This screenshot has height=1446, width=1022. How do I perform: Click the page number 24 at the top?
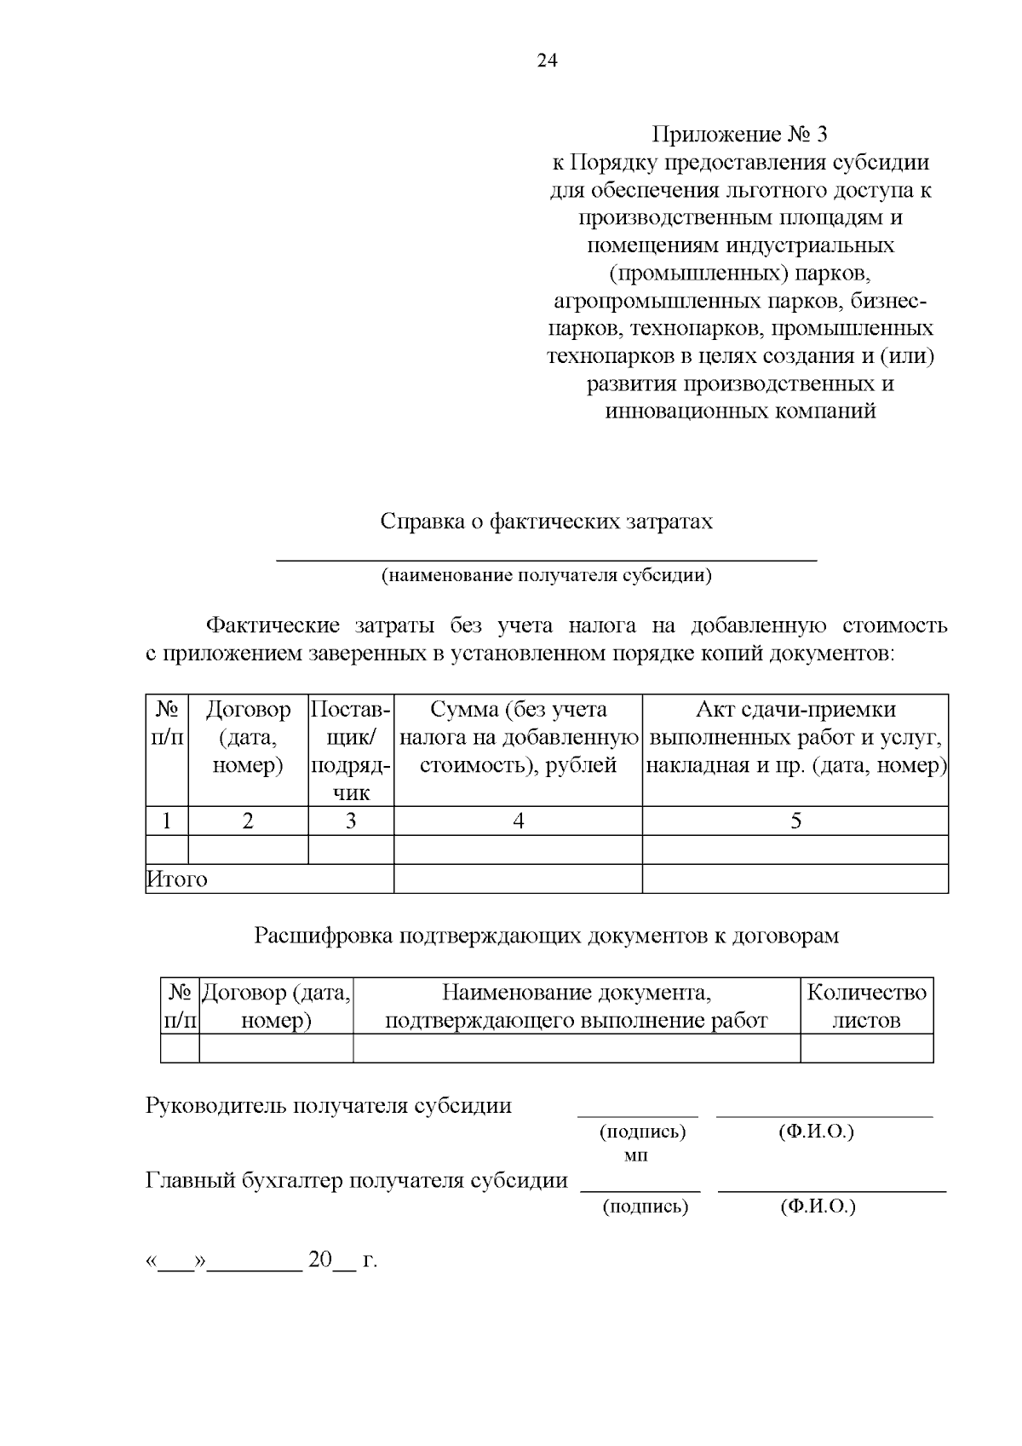(x=547, y=60)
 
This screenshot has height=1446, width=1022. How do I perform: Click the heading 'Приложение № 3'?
(x=739, y=135)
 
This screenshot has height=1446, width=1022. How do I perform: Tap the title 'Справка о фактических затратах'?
(x=546, y=521)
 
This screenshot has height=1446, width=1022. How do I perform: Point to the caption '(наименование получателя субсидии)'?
(x=546, y=575)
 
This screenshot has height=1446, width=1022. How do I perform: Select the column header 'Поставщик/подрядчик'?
(x=350, y=751)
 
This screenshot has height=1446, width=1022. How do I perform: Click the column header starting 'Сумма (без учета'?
(x=518, y=737)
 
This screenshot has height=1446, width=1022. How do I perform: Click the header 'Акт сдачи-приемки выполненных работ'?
(x=795, y=737)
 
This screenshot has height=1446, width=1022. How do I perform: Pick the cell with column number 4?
(x=518, y=821)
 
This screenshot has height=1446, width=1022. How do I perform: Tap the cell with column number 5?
(x=795, y=821)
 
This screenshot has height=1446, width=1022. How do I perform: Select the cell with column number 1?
(x=167, y=821)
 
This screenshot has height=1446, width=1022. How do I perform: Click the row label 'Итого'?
(x=177, y=879)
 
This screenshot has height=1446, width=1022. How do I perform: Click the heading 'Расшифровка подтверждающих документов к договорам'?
(x=546, y=936)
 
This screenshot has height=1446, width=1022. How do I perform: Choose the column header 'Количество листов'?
(x=866, y=1006)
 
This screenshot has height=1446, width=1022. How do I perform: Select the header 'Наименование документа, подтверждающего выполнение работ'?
(x=577, y=1006)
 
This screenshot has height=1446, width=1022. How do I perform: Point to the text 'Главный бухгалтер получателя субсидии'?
(x=357, y=1181)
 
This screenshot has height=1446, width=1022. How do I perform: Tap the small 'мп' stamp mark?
(x=635, y=1155)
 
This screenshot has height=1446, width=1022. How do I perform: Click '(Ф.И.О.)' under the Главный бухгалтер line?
(x=818, y=1207)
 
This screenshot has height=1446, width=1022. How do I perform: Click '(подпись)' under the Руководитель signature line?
(x=642, y=1132)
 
